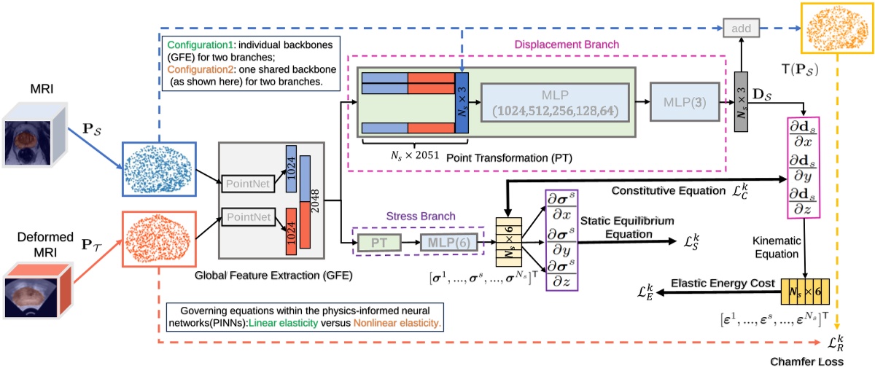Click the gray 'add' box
click(742, 28)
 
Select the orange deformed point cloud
click(157, 236)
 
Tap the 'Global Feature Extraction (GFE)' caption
click(273, 276)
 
